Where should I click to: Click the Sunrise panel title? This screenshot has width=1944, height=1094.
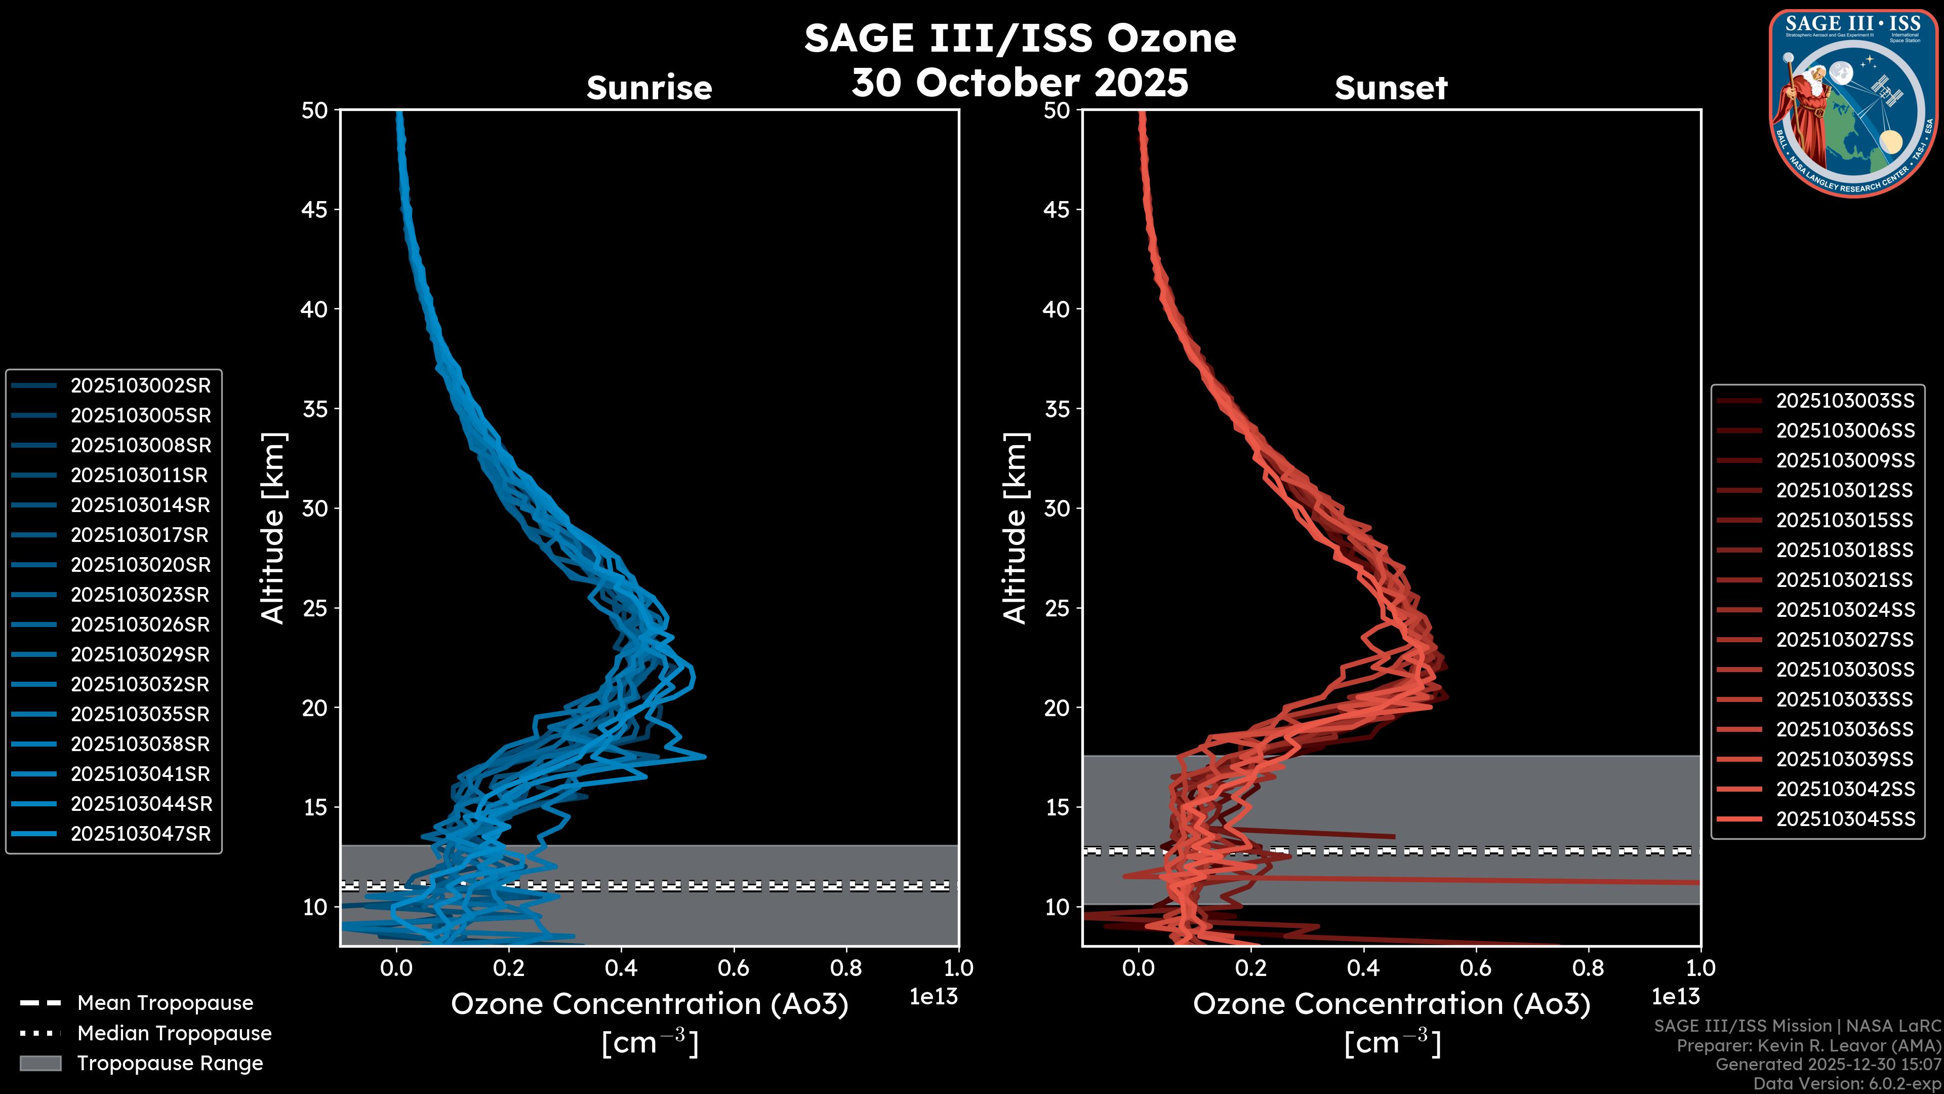click(649, 88)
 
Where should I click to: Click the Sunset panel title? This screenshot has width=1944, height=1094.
click(1391, 88)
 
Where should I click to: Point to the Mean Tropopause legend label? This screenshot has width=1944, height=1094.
click(165, 1003)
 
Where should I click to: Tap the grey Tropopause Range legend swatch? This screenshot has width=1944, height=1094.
click(40, 1063)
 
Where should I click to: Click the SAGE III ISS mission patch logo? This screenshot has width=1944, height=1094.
click(1853, 102)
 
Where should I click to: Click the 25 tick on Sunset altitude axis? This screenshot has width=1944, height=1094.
click(1057, 608)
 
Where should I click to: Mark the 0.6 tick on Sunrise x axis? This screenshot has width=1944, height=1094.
click(734, 968)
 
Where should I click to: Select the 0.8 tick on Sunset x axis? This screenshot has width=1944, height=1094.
click(1588, 968)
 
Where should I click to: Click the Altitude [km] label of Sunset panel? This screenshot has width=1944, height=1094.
click(1015, 528)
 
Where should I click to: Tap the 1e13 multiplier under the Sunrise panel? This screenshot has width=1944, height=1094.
click(934, 997)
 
